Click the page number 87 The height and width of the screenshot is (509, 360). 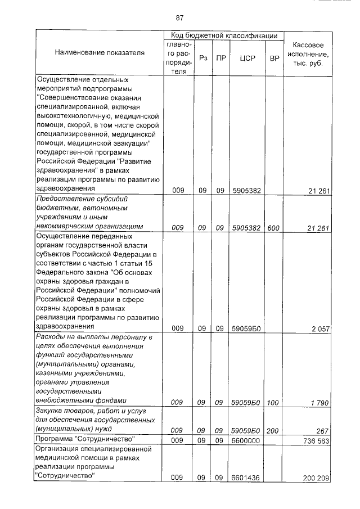click(180, 17)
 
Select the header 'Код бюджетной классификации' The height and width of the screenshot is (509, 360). click(223, 35)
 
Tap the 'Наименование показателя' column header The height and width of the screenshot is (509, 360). click(100, 53)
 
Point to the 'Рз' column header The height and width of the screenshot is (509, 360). click(202, 58)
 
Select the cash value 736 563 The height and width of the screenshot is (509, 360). click(316, 440)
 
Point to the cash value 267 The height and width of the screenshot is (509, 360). click(322, 431)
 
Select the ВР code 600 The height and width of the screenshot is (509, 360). click(274, 228)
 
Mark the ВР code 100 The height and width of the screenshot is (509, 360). click(274, 402)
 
